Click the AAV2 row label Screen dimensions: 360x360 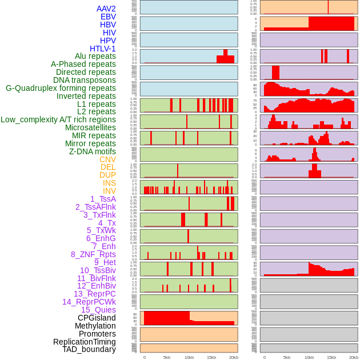click(x=106, y=9)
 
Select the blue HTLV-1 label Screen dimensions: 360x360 click(x=103, y=49)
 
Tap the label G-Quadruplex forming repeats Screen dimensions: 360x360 click(x=61, y=88)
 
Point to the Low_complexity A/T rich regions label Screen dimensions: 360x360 click(x=58, y=119)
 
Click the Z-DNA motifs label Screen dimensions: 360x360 click(x=93, y=151)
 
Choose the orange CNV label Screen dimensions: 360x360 click(x=107, y=159)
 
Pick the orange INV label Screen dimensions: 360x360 click(x=109, y=191)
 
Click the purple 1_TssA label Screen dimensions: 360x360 click(x=103, y=199)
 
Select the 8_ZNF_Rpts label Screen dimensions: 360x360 click(x=93, y=254)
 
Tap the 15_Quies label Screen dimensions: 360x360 click(x=98, y=310)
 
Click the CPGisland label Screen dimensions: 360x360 click(x=97, y=318)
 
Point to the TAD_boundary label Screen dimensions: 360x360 click(x=89, y=349)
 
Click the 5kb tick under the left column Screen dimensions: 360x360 click(x=167, y=357)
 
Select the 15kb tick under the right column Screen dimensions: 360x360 click(x=331, y=357)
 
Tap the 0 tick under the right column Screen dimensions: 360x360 click(x=264, y=357)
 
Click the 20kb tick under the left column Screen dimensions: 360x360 click(x=234, y=357)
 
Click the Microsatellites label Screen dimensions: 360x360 click(x=90, y=127)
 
